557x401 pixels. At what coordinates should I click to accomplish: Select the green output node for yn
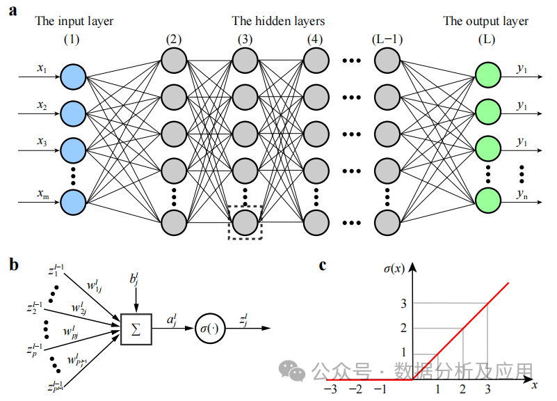(487, 202)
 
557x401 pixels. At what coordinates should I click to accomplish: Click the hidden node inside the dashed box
(245, 222)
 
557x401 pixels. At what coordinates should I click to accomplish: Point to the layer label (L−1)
(388, 38)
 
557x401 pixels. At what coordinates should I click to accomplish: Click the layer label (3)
(245, 38)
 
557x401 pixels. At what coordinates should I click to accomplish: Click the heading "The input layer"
(74, 21)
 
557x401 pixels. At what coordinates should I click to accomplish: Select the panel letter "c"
(323, 265)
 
